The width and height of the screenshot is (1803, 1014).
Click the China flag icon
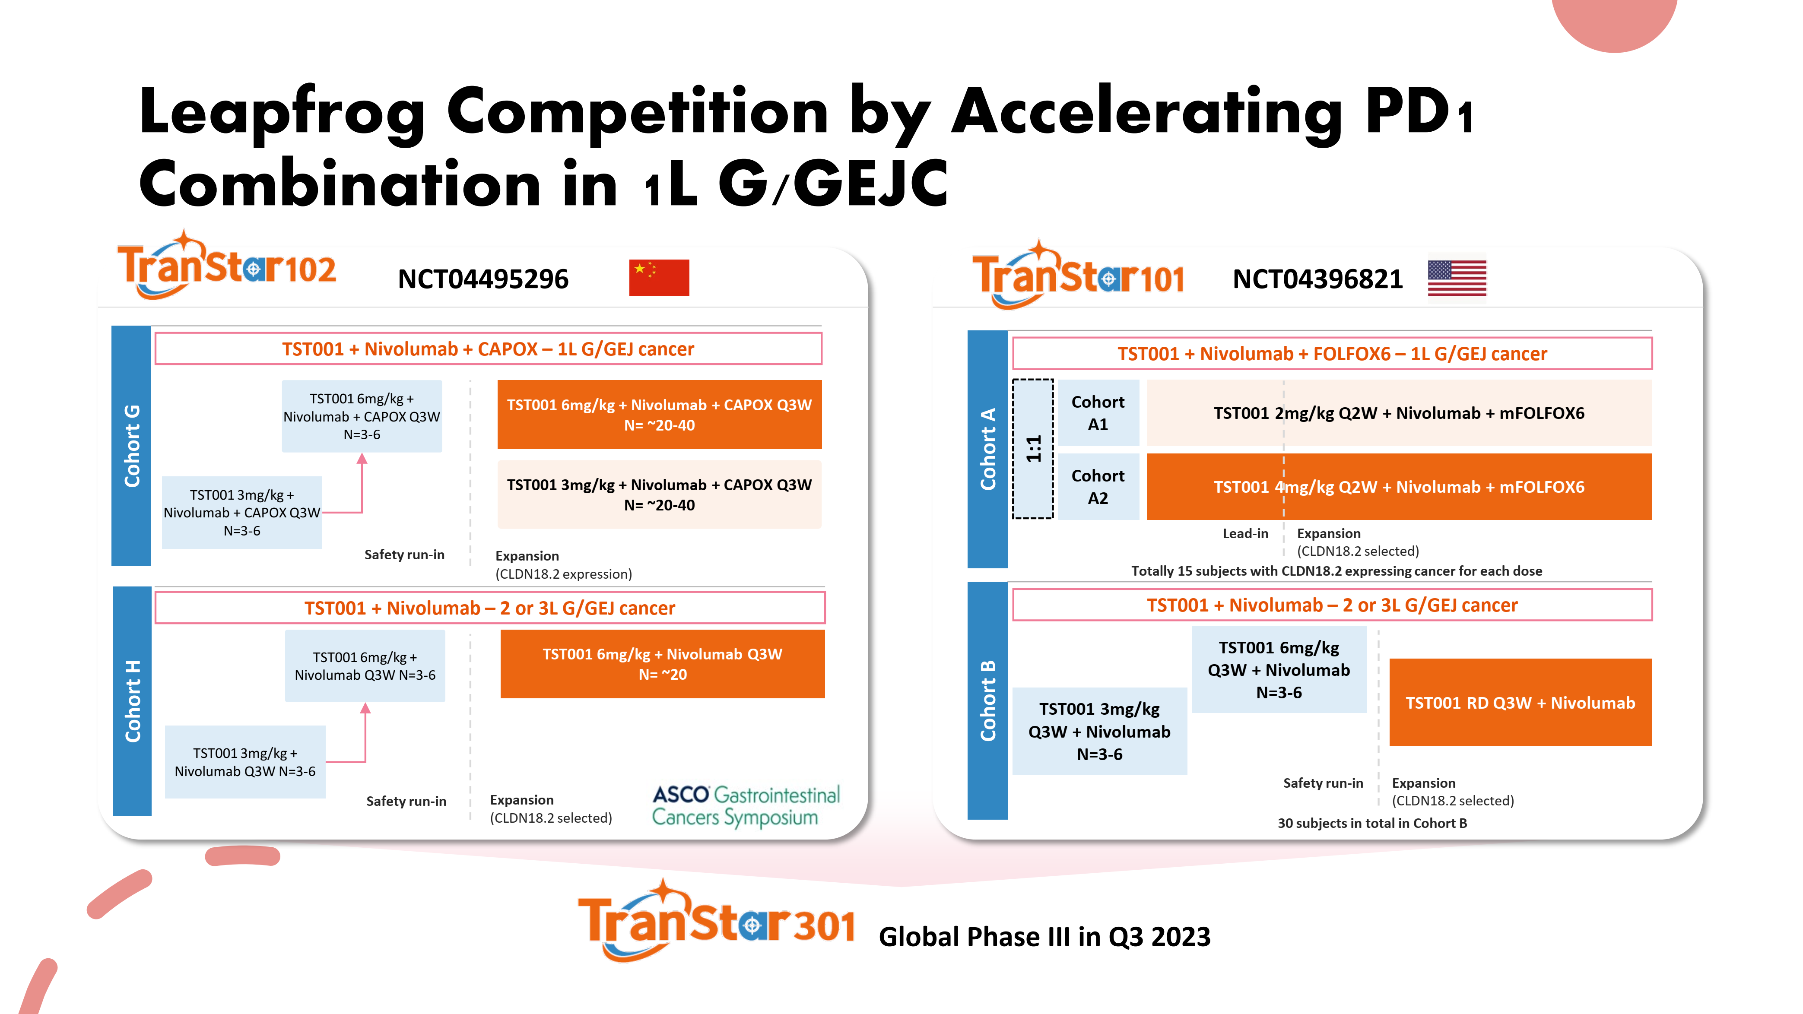pos(659,277)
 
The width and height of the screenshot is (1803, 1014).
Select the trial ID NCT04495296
pos(483,279)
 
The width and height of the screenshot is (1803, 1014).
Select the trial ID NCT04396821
pos(1317,279)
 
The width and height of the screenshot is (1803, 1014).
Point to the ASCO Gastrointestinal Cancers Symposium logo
pos(746,806)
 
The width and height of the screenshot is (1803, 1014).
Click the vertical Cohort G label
pos(132,445)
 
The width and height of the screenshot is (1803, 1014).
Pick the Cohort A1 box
pos(1098,413)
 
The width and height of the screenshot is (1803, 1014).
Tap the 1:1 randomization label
pos(1033,449)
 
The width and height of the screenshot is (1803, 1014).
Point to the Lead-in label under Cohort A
pos(1245,533)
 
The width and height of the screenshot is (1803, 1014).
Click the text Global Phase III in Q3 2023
pos(1044,936)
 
